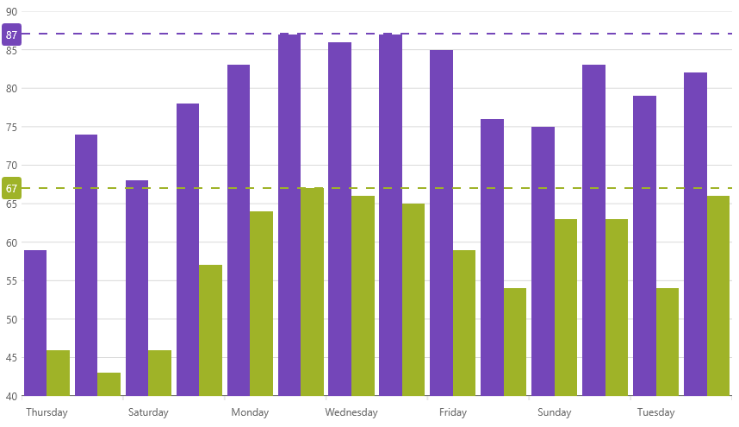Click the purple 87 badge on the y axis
coord(11,35)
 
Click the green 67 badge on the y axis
coord(11,188)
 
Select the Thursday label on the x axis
coord(47,412)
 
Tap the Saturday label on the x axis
coord(148,412)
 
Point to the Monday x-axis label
coord(250,412)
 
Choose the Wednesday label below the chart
coord(351,412)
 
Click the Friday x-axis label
coord(453,412)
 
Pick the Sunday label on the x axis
coord(555,412)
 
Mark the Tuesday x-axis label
coord(656,412)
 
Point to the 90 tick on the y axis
coord(11,12)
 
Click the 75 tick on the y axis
coord(11,127)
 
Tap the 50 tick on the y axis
coord(11,319)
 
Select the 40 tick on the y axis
coord(11,396)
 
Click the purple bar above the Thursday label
coord(35,323)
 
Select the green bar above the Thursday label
coord(58,373)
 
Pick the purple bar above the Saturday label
coord(137,288)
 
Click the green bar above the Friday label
coord(463,323)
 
